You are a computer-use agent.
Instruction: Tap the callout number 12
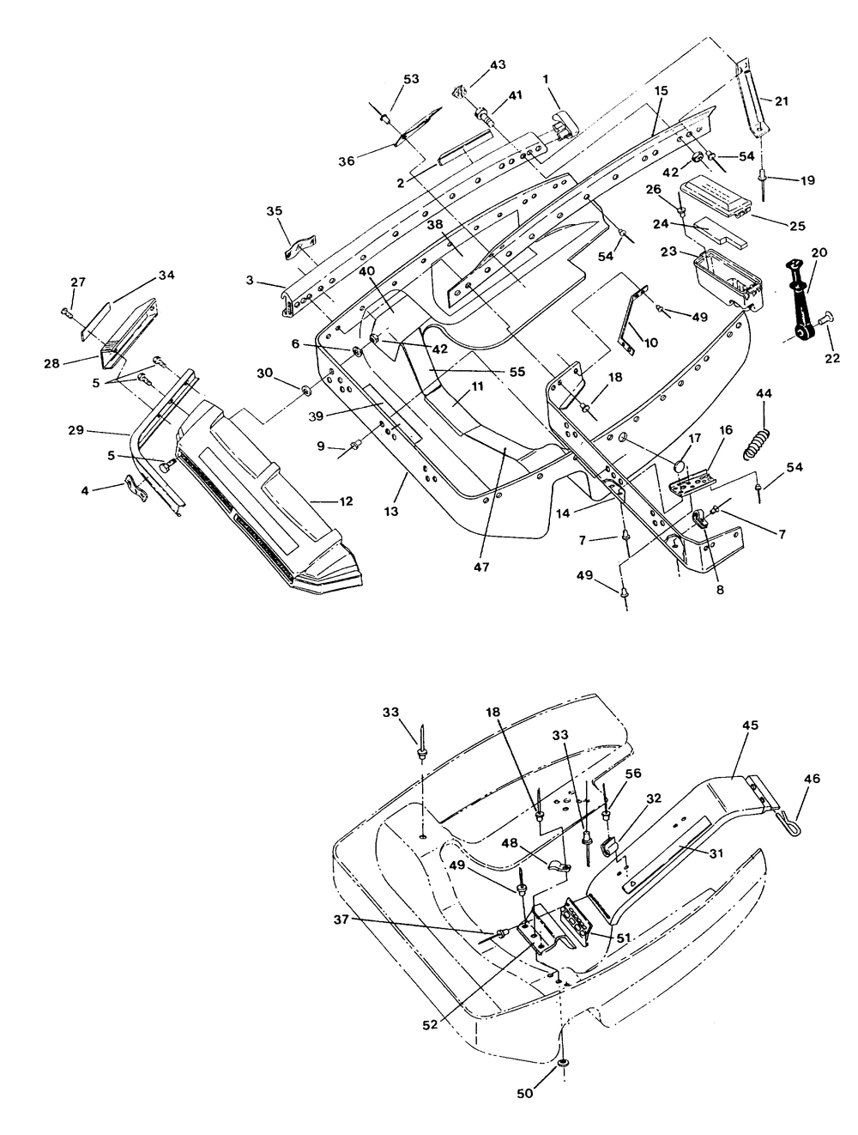(x=346, y=501)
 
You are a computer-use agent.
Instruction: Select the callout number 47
(x=481, y=567)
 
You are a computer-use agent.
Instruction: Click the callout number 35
(x=275, y=211)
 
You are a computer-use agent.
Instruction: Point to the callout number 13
(x=391, y=512)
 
